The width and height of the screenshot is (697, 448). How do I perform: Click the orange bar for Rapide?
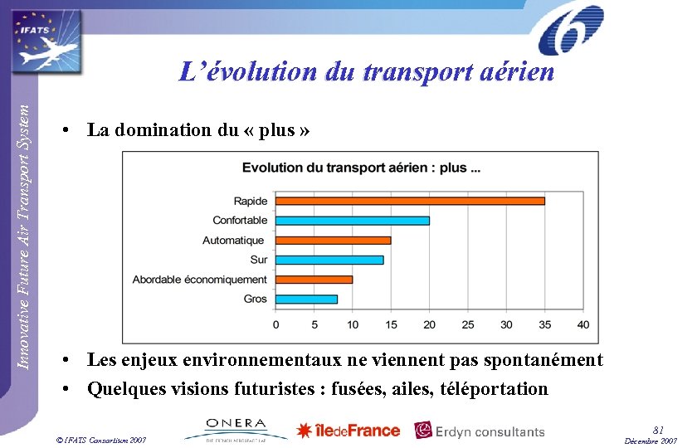pyautogui.click(x=410, y=201)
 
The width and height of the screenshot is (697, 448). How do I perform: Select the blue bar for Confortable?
pyautogui.click(x=353, y=221)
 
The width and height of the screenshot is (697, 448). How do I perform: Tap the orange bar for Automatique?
pyautogui.click(x=333, y=241)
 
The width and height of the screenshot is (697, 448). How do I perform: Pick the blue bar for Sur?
pyautogui.click(x=329, y=260)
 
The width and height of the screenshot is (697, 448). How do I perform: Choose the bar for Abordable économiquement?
pyautogui.click(x=314, y=280)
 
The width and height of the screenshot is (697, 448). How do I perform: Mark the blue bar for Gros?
pyautogui.click(x=306, y=299)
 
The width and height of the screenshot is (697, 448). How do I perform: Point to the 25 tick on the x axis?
pyautogui.click(x=468, y=324)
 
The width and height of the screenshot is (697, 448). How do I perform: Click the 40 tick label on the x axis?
pyautogui.click(x=582, y=324)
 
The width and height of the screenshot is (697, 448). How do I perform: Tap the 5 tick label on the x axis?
pyautogui.click(x=314, y=324)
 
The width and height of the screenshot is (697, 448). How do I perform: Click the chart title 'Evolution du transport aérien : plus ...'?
pyautogui.click(x=361, y=168)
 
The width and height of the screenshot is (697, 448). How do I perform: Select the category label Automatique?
pyautogui.click(x=233, y=241)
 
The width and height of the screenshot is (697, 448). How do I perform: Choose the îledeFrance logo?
pyautogui.click(x=348, y=431)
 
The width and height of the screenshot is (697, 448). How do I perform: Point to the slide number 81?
pyautogui.click(x=658, y=429)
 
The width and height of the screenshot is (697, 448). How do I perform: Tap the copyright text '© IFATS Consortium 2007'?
pyautogui.click(x=97, y=439)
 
